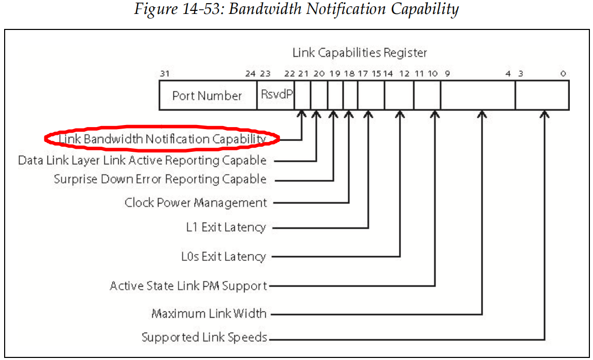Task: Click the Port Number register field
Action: tap(207, 96)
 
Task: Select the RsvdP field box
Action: tap(276, 95)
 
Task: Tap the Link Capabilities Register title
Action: tap(360, 52)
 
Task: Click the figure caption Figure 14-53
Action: tap(296, 9)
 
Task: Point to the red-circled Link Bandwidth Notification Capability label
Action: tap(162, 138)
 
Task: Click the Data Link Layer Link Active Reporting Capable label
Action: tap(142, 160)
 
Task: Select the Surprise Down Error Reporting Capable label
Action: tap(160, 179)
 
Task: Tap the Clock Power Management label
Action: tap(196, 202)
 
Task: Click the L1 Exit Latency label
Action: tap(226, 227)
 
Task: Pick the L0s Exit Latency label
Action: tap(223, 256)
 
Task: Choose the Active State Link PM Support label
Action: tap(188, 286)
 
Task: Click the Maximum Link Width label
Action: tap(209, 313)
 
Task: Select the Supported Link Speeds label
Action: tap(204, 338)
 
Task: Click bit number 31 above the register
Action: tap(165, 73)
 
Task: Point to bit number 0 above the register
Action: tap(563, 73)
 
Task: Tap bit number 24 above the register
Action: tap(250, 73)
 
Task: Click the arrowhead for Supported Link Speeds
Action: tap(544, 114)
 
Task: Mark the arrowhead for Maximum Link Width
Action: tap(482, 114)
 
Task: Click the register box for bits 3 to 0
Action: tap(542, 96)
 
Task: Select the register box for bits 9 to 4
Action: tap(478, 96)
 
